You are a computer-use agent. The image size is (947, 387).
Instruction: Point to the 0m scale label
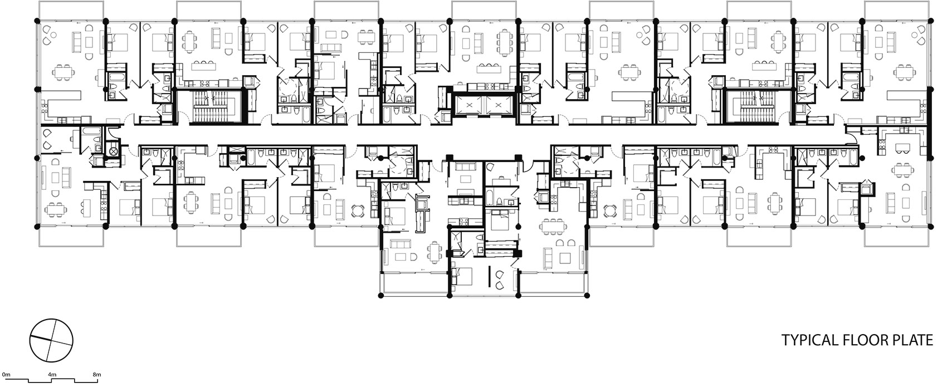pos(6,374)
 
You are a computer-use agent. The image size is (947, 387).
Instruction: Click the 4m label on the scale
pos(52,374)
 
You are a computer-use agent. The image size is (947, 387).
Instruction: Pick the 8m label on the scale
pos(97,374)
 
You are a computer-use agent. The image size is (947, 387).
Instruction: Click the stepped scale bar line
pos(52,381)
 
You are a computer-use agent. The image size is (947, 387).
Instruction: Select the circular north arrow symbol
pos(51,340)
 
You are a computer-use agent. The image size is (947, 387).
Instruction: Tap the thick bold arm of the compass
pos(41,338)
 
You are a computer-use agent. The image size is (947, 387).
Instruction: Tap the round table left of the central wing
pos(358,210)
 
